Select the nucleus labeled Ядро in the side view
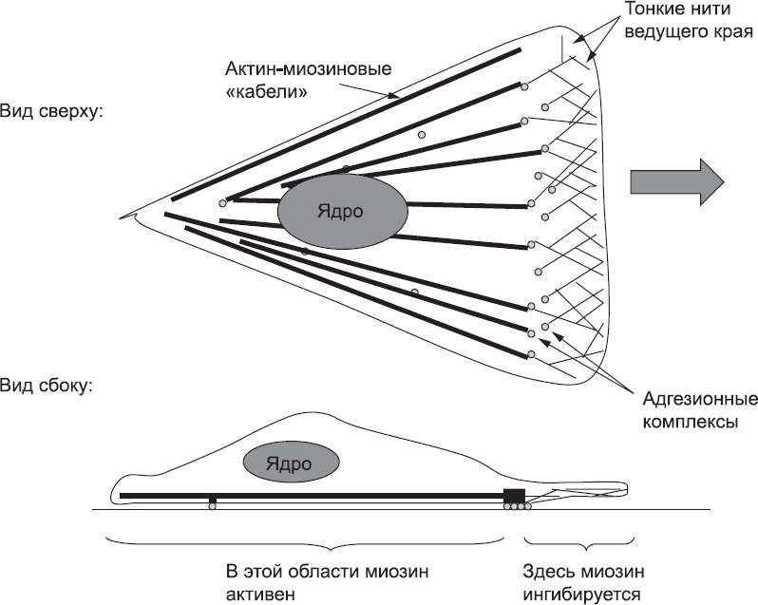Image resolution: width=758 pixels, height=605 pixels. [x=288, y=463]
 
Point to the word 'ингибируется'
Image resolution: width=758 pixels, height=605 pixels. [x=582, y=595]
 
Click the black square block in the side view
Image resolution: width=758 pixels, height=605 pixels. [x=513, y=494]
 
